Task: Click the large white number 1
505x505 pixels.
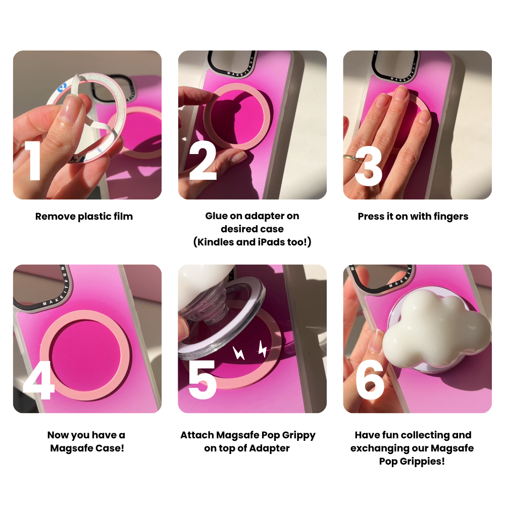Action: pyautogui.click(x=34, y=161)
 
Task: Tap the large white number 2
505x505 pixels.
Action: pyautogui.click(x=203, y=161)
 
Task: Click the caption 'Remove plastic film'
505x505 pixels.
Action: pyautogui.click(x=84, y=217)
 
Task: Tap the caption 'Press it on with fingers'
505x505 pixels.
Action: pyautogui.click(x=413, y=217)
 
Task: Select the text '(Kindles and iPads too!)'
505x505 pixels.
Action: pyautogui.click(x=252, y=242)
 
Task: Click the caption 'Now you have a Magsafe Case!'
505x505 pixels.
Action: pyautogui.click(x=87, y=441)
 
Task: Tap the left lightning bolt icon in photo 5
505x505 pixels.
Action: pyautogui.click(x=238, y=353)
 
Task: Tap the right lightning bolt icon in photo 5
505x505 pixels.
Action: pyautogui.click(x=262, y=348)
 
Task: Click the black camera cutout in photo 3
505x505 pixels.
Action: pyautogui.click(x=394, y=64)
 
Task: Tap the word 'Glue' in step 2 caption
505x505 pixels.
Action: pyautogui.click(x=216, y=216)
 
